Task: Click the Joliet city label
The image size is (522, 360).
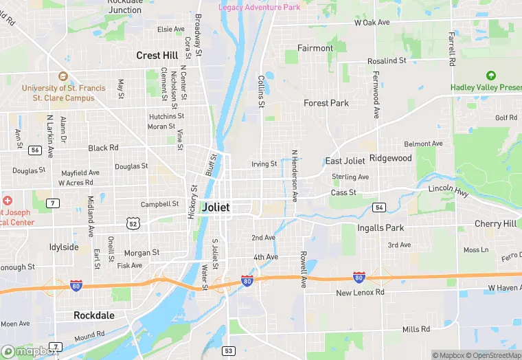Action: [x=216, y=207]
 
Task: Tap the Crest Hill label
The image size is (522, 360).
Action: [x=157, y=55]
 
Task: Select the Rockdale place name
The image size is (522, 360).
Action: [x=94, y=315]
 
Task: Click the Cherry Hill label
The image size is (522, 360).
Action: [x=495, y=224]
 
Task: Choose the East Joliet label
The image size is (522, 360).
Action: [x=345, y=161]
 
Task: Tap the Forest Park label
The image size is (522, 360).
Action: [x=326, y=103]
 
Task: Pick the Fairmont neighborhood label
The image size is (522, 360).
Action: [x=315, y=48]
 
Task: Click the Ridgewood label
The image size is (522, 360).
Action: [x=391, y=158]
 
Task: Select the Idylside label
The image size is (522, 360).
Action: [x=64, y=247]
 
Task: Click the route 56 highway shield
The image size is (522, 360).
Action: [x=35, y=150]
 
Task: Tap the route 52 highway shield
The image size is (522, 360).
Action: [x=133, y=223]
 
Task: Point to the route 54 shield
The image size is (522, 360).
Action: [x=378, y=207]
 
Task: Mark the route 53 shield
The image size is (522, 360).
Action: [x=228, y=350]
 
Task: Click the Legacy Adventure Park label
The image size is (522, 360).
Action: [x=260, y=7]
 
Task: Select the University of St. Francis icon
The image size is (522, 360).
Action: [x=63, y=76]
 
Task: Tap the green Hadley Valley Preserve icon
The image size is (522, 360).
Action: [x=490, y=76]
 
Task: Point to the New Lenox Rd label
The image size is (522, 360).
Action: [x=361, y=293]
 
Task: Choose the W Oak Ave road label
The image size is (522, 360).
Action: [x=372, y=23]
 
